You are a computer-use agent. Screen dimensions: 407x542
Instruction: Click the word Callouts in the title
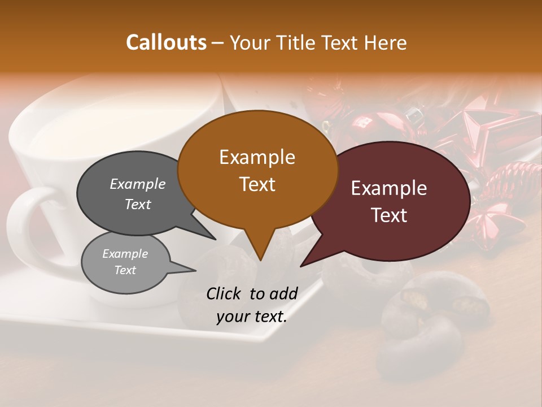(x=166, y=42)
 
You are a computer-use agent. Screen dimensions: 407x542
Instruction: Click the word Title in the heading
(x=294, y=42)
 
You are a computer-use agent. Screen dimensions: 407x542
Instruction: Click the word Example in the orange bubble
(x=257, y=157)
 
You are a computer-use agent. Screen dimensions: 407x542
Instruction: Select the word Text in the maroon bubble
(x=390, y=215)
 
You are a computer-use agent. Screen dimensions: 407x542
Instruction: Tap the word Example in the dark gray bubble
(x=138, y=184)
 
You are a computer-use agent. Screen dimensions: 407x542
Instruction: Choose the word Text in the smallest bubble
(x=125, y=270)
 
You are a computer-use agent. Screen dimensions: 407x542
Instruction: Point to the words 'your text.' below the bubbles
(x=252, y=317)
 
